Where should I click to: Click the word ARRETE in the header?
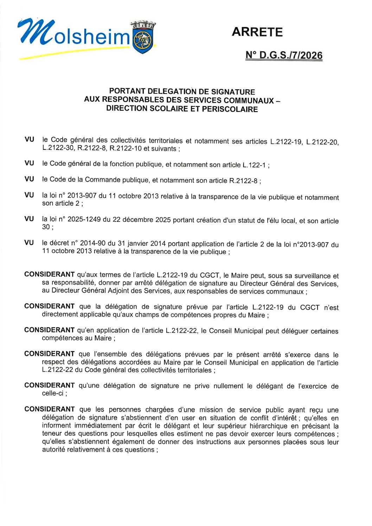pos(257,32)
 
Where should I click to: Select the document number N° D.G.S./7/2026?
pos(284,56)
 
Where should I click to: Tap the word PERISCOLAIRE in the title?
pos(231,109)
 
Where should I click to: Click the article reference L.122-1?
pos(254,165)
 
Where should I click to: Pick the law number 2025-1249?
pos(84,219)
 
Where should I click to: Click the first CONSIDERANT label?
pos(49,275)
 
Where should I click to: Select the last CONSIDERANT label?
pos(49,409)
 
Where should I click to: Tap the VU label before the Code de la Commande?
pos(29,179)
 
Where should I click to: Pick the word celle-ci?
pos(53,393)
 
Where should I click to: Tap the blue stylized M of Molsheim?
pos(35,33)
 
